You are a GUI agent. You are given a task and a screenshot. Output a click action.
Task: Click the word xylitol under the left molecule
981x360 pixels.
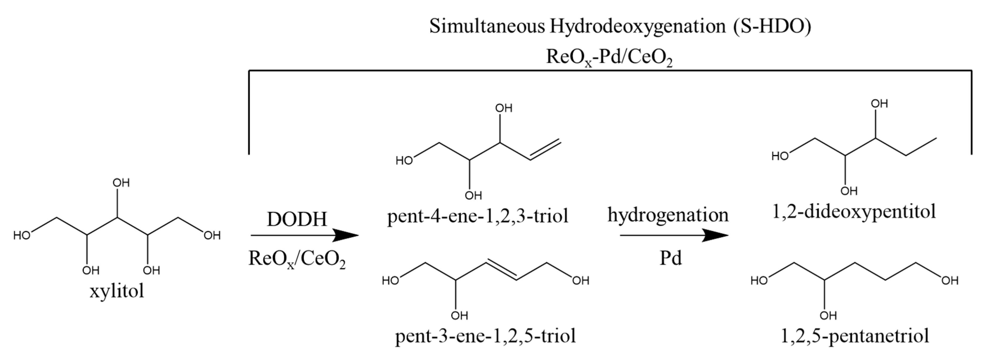[117, 292]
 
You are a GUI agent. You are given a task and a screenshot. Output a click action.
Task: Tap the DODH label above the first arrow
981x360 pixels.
[297, 219]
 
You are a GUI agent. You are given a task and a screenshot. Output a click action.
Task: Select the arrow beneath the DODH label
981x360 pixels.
[305, 235]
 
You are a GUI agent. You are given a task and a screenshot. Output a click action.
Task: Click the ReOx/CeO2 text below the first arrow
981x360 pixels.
[297, 259]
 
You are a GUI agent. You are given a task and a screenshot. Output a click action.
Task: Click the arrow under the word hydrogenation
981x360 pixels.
[674, 235]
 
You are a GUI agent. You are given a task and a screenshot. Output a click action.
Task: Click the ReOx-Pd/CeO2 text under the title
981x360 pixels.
[609, 57]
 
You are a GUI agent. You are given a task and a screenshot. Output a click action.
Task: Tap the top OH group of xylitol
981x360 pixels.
[121, 183]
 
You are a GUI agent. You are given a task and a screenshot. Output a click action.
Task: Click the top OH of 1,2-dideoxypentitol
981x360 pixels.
[879, 104]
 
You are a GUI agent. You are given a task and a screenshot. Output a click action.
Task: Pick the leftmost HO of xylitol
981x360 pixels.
[22, 236]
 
